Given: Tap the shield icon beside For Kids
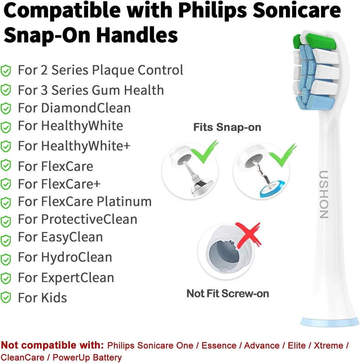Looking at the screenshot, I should point(6,298).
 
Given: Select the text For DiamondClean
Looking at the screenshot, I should point(74,108).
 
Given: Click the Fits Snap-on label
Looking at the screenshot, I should point(227,127).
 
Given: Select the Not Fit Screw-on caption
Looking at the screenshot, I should point(228,293).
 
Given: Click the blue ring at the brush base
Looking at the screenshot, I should point(329,322).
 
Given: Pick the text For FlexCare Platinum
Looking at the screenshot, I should point(85,202).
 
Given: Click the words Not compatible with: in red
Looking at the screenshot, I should point(52,345).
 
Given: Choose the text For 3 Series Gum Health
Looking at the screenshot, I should point(91,90).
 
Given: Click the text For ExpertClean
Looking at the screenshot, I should point(66,278).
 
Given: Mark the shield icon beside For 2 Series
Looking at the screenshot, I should point(6,70).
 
